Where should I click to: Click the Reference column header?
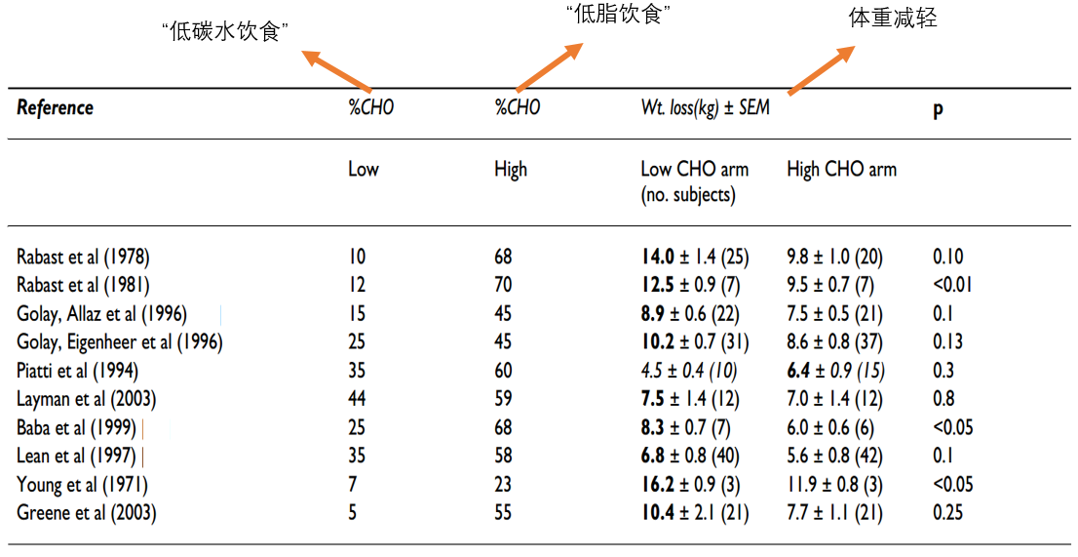click(x=55, y=108)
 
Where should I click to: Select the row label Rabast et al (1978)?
click(x=83, y=258)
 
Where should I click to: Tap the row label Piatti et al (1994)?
click(x=77, y=371)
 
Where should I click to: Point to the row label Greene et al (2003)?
click(x=86, y=513)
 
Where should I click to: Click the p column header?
click(x=938, y=110)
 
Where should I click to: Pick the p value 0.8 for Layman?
click(x=943, y=399)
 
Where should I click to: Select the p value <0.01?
click(x=952, y=285)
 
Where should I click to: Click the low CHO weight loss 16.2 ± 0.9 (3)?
click(x=690, y=485)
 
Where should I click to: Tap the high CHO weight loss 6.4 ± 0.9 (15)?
click(x=835, y=371)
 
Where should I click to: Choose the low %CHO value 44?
click(x=357, y=399)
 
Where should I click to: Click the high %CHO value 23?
click(x=503, y=485)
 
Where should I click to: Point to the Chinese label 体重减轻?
click(x=893, y=18)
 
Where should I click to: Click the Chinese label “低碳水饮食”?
click(x=225, y=31)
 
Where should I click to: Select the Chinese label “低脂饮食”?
click(x=618, y=14)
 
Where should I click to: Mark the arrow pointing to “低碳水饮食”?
click(x=336, y=71)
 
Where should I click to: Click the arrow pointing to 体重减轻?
click(x=822, y=70)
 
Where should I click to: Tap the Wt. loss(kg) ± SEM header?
click(x=706, y=108)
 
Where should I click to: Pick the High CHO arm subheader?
click(x=841, y=169)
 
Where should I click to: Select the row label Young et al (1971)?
click(x=82, y=485)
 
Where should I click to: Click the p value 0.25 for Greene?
click(x=947, y=513)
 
